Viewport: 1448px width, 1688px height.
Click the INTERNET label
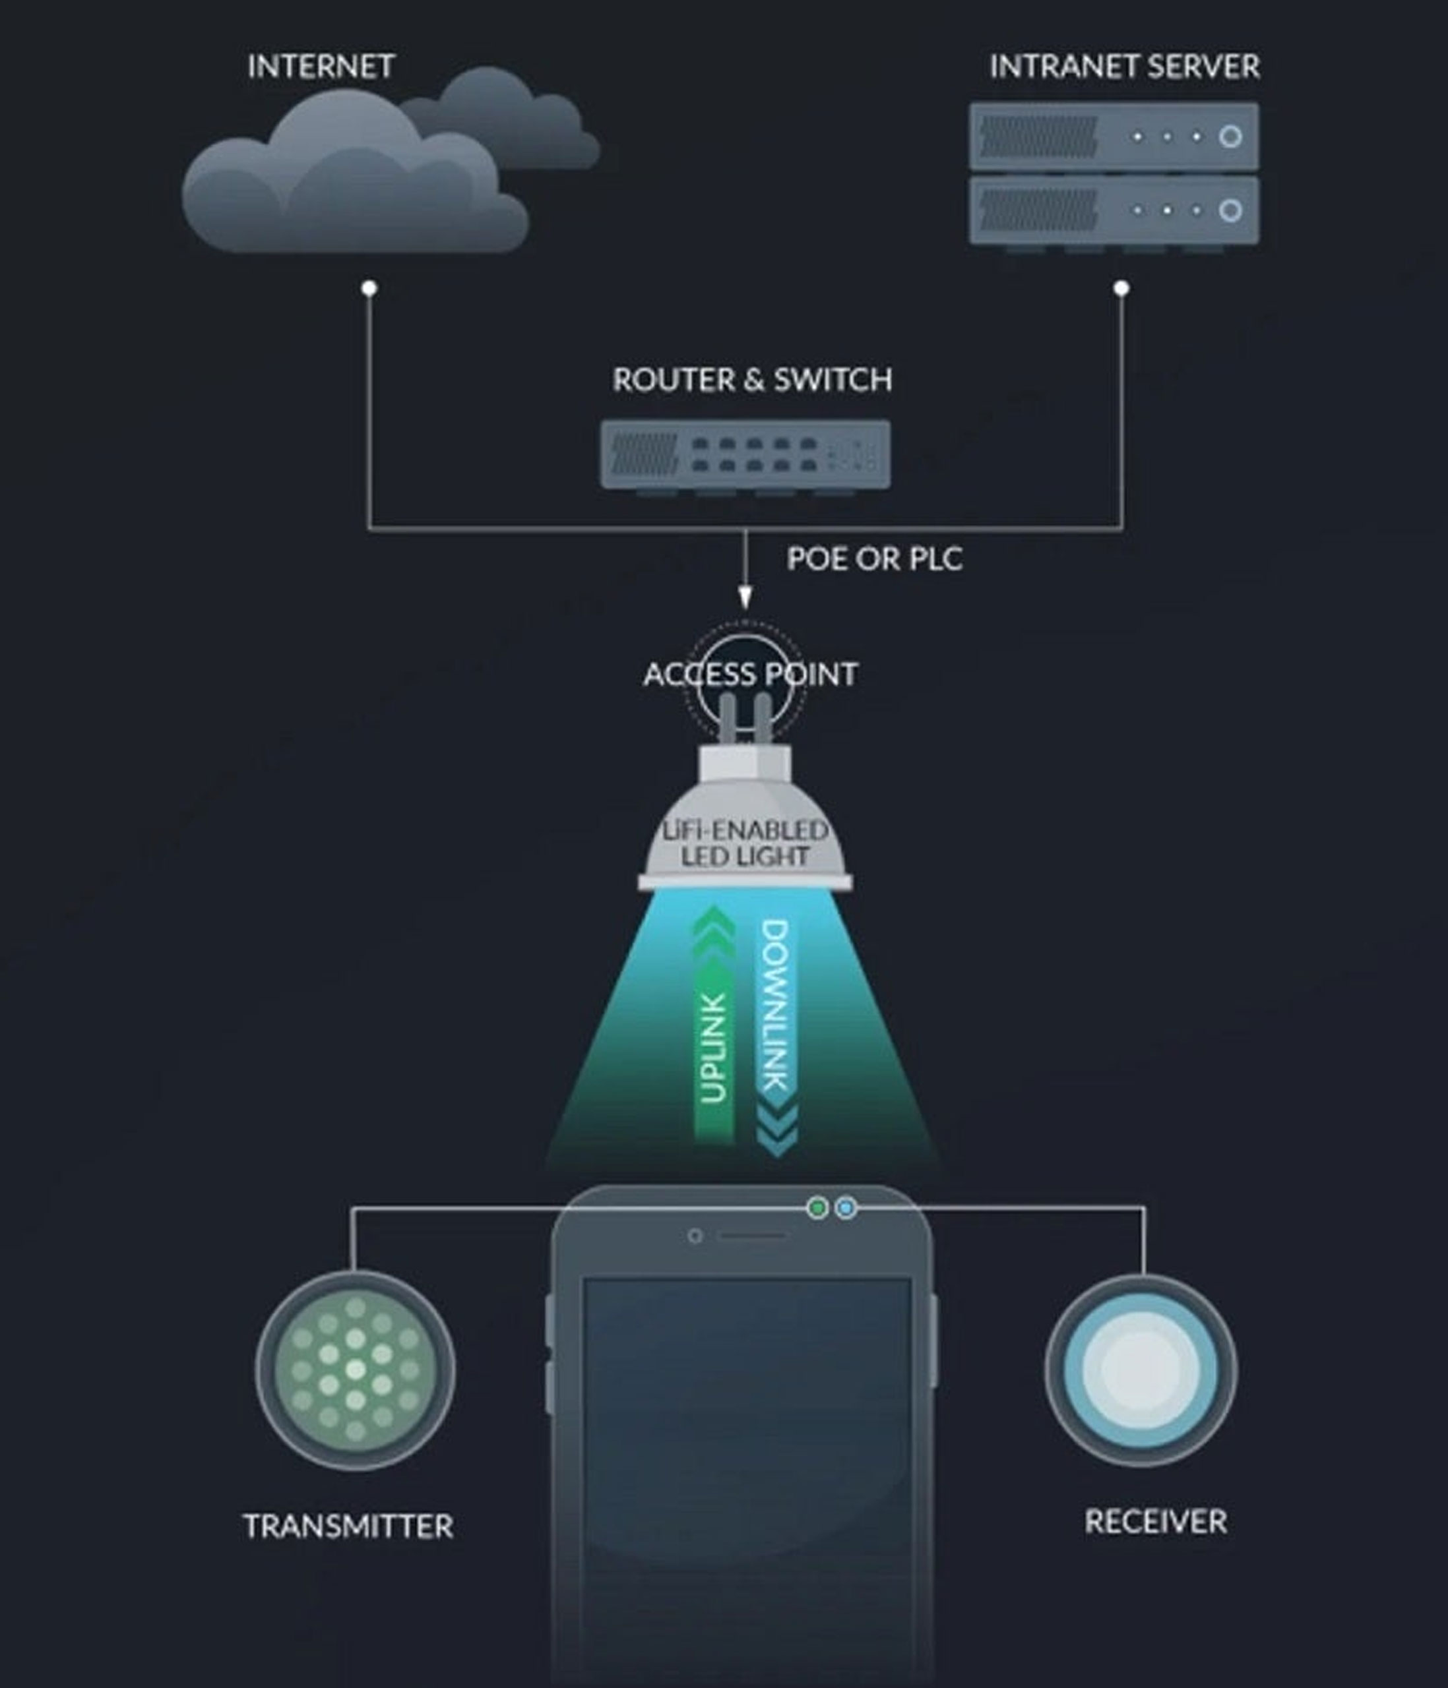[321, 67]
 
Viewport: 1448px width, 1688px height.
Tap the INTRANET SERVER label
[1125, 67]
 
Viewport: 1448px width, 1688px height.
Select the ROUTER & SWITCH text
[752, 380]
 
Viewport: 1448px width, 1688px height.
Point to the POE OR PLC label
[874, 559]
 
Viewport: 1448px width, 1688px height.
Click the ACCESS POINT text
[751, 675]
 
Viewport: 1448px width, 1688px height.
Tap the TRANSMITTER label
[348, 1526]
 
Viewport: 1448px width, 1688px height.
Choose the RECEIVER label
[1156, 1522]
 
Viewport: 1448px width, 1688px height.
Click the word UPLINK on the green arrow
[713, 1048]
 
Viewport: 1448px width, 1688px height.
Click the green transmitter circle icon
[356, 1370]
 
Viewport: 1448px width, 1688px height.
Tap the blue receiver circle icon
[1141, 1370]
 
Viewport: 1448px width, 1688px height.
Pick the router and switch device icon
[745, 456]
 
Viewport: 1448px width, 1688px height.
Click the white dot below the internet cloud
[369, 287]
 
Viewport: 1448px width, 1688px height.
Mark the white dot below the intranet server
[1121, 287]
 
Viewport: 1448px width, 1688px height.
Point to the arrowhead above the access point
[745, 599]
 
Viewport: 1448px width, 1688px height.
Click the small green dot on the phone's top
[817, 1207]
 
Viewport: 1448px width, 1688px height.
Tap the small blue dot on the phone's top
[846, 1207]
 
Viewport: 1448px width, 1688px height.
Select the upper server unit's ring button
[1230, 136]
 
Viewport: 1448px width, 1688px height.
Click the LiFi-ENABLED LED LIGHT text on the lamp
[745, 843]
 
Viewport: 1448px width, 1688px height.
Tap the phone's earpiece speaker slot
[753, 1236]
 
